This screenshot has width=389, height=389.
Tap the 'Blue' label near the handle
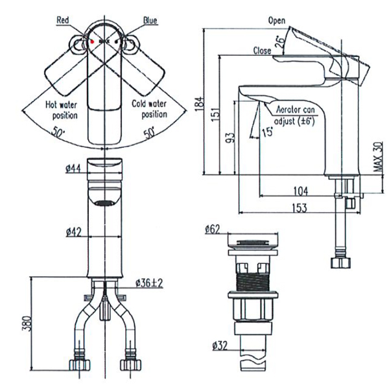click(150, 20)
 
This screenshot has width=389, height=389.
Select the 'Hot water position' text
click(62, 110)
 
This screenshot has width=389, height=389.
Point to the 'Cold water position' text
click(149, 110)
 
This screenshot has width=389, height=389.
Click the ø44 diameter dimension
click(73, 169)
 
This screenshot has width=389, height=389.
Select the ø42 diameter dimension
click(73, 231)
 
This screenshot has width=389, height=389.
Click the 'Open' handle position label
click(277, 21)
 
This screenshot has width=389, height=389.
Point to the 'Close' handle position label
click(262, 51)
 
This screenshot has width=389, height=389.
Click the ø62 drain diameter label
click(213, 229)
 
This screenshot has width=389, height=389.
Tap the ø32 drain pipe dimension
click(220, 346)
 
